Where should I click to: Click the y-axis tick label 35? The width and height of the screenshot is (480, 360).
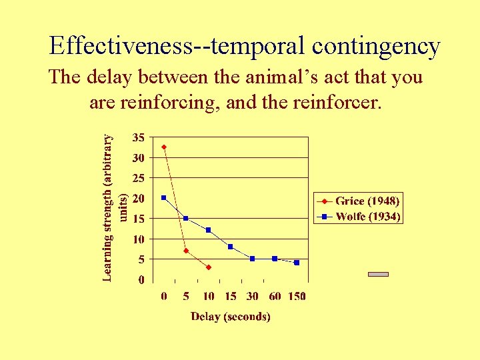click(138, 137)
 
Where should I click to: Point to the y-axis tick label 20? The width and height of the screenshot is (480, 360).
click(138, 198)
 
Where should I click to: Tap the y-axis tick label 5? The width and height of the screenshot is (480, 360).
click(141, 259)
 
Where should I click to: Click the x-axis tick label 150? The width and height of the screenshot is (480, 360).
click(297, 296)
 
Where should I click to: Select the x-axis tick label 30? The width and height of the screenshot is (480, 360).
click(253, 296)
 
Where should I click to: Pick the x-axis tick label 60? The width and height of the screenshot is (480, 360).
click(275, 296)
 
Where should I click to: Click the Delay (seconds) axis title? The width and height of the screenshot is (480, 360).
click(231, 317)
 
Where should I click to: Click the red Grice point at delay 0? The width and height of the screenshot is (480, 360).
click(164, 147)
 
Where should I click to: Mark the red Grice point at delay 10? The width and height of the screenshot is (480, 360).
click(209, 267)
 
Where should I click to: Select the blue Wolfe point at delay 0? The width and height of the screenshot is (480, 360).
click(164, 198)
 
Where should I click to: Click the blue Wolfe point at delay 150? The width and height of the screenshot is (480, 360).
click(297, 263)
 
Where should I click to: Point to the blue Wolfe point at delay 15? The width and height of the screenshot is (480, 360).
click(231, 247)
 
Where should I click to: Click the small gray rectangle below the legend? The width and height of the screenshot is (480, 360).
click(378, 274)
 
